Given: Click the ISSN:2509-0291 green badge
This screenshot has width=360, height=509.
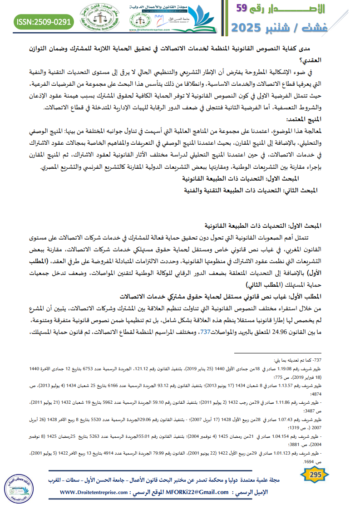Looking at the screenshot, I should [x=43, y=21].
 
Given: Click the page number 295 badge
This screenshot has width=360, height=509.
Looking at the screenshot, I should [x=315, y=475].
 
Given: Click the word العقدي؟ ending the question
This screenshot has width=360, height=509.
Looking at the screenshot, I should [x=341, y=59].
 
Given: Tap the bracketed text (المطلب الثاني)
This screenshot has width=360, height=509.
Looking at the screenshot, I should [x=263, y=285].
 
